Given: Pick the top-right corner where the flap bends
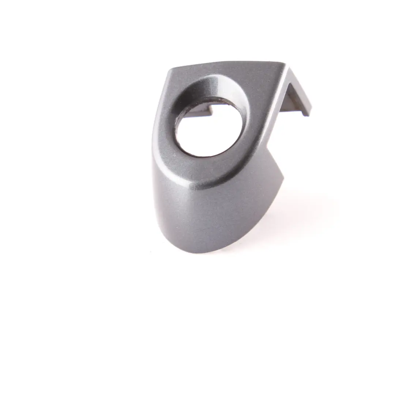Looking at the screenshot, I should (x=287, y=65).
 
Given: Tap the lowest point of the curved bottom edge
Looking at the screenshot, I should (x=205, y=252).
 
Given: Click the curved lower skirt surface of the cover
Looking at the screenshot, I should (x=205, y=216).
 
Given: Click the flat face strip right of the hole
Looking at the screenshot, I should (x=260, y=121).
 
